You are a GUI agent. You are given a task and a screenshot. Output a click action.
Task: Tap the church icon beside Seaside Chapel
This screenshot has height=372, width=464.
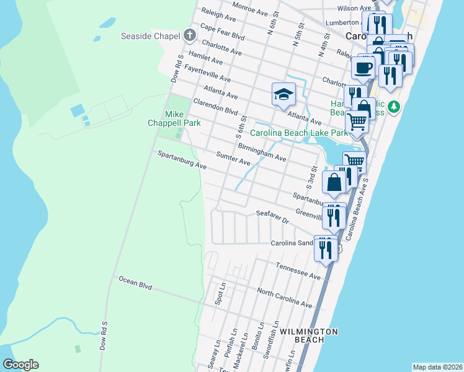(x=187, y=35)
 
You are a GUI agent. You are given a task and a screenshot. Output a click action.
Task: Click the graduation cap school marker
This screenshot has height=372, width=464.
(x=283, y=94)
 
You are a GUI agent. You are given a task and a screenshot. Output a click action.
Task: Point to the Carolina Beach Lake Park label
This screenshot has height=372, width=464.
(x=298, y=133)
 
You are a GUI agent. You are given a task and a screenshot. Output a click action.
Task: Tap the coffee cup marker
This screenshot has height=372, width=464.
(x=363, y=66)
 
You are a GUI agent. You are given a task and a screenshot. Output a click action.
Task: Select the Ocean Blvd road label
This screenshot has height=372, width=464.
(x=135, y=283)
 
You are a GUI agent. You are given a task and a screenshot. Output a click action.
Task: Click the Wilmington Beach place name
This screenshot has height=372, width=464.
(x=308, y=335)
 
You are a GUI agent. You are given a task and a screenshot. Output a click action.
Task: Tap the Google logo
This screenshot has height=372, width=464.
(x=20, y=364)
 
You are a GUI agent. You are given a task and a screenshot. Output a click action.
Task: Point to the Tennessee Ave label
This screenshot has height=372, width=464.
(x=297, y=270)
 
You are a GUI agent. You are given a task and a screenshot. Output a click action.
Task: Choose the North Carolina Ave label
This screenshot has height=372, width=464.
(x=284, y=297)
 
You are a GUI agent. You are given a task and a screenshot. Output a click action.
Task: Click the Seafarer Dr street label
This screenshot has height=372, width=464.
(x=272, y=216)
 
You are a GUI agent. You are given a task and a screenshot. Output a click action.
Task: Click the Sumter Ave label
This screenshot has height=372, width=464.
(x=233, y=159)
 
